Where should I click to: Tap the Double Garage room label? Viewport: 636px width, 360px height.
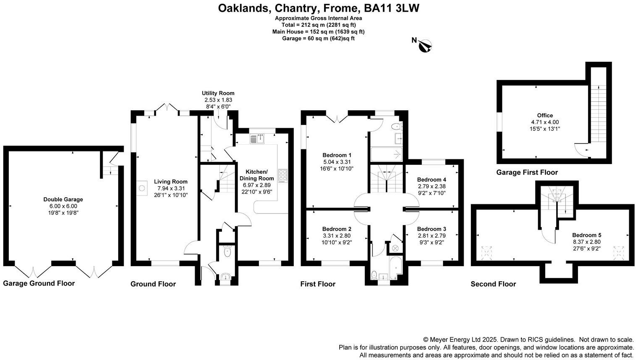coord(63,199)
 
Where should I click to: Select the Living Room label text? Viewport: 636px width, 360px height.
coord(171,182)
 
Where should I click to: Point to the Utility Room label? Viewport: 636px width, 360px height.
coord(218,93)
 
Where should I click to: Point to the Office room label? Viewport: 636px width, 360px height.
coord(545,115)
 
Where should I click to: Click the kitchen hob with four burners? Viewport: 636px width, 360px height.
coord(282,175)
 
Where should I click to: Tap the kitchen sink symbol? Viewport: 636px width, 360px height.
coord(257,138)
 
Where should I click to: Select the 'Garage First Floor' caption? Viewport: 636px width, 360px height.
coord(527,172)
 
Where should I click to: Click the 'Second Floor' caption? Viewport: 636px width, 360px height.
coord(493,284)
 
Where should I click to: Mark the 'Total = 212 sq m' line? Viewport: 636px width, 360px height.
coord(318,25)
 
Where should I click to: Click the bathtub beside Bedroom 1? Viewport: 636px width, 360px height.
coord(386,154)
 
